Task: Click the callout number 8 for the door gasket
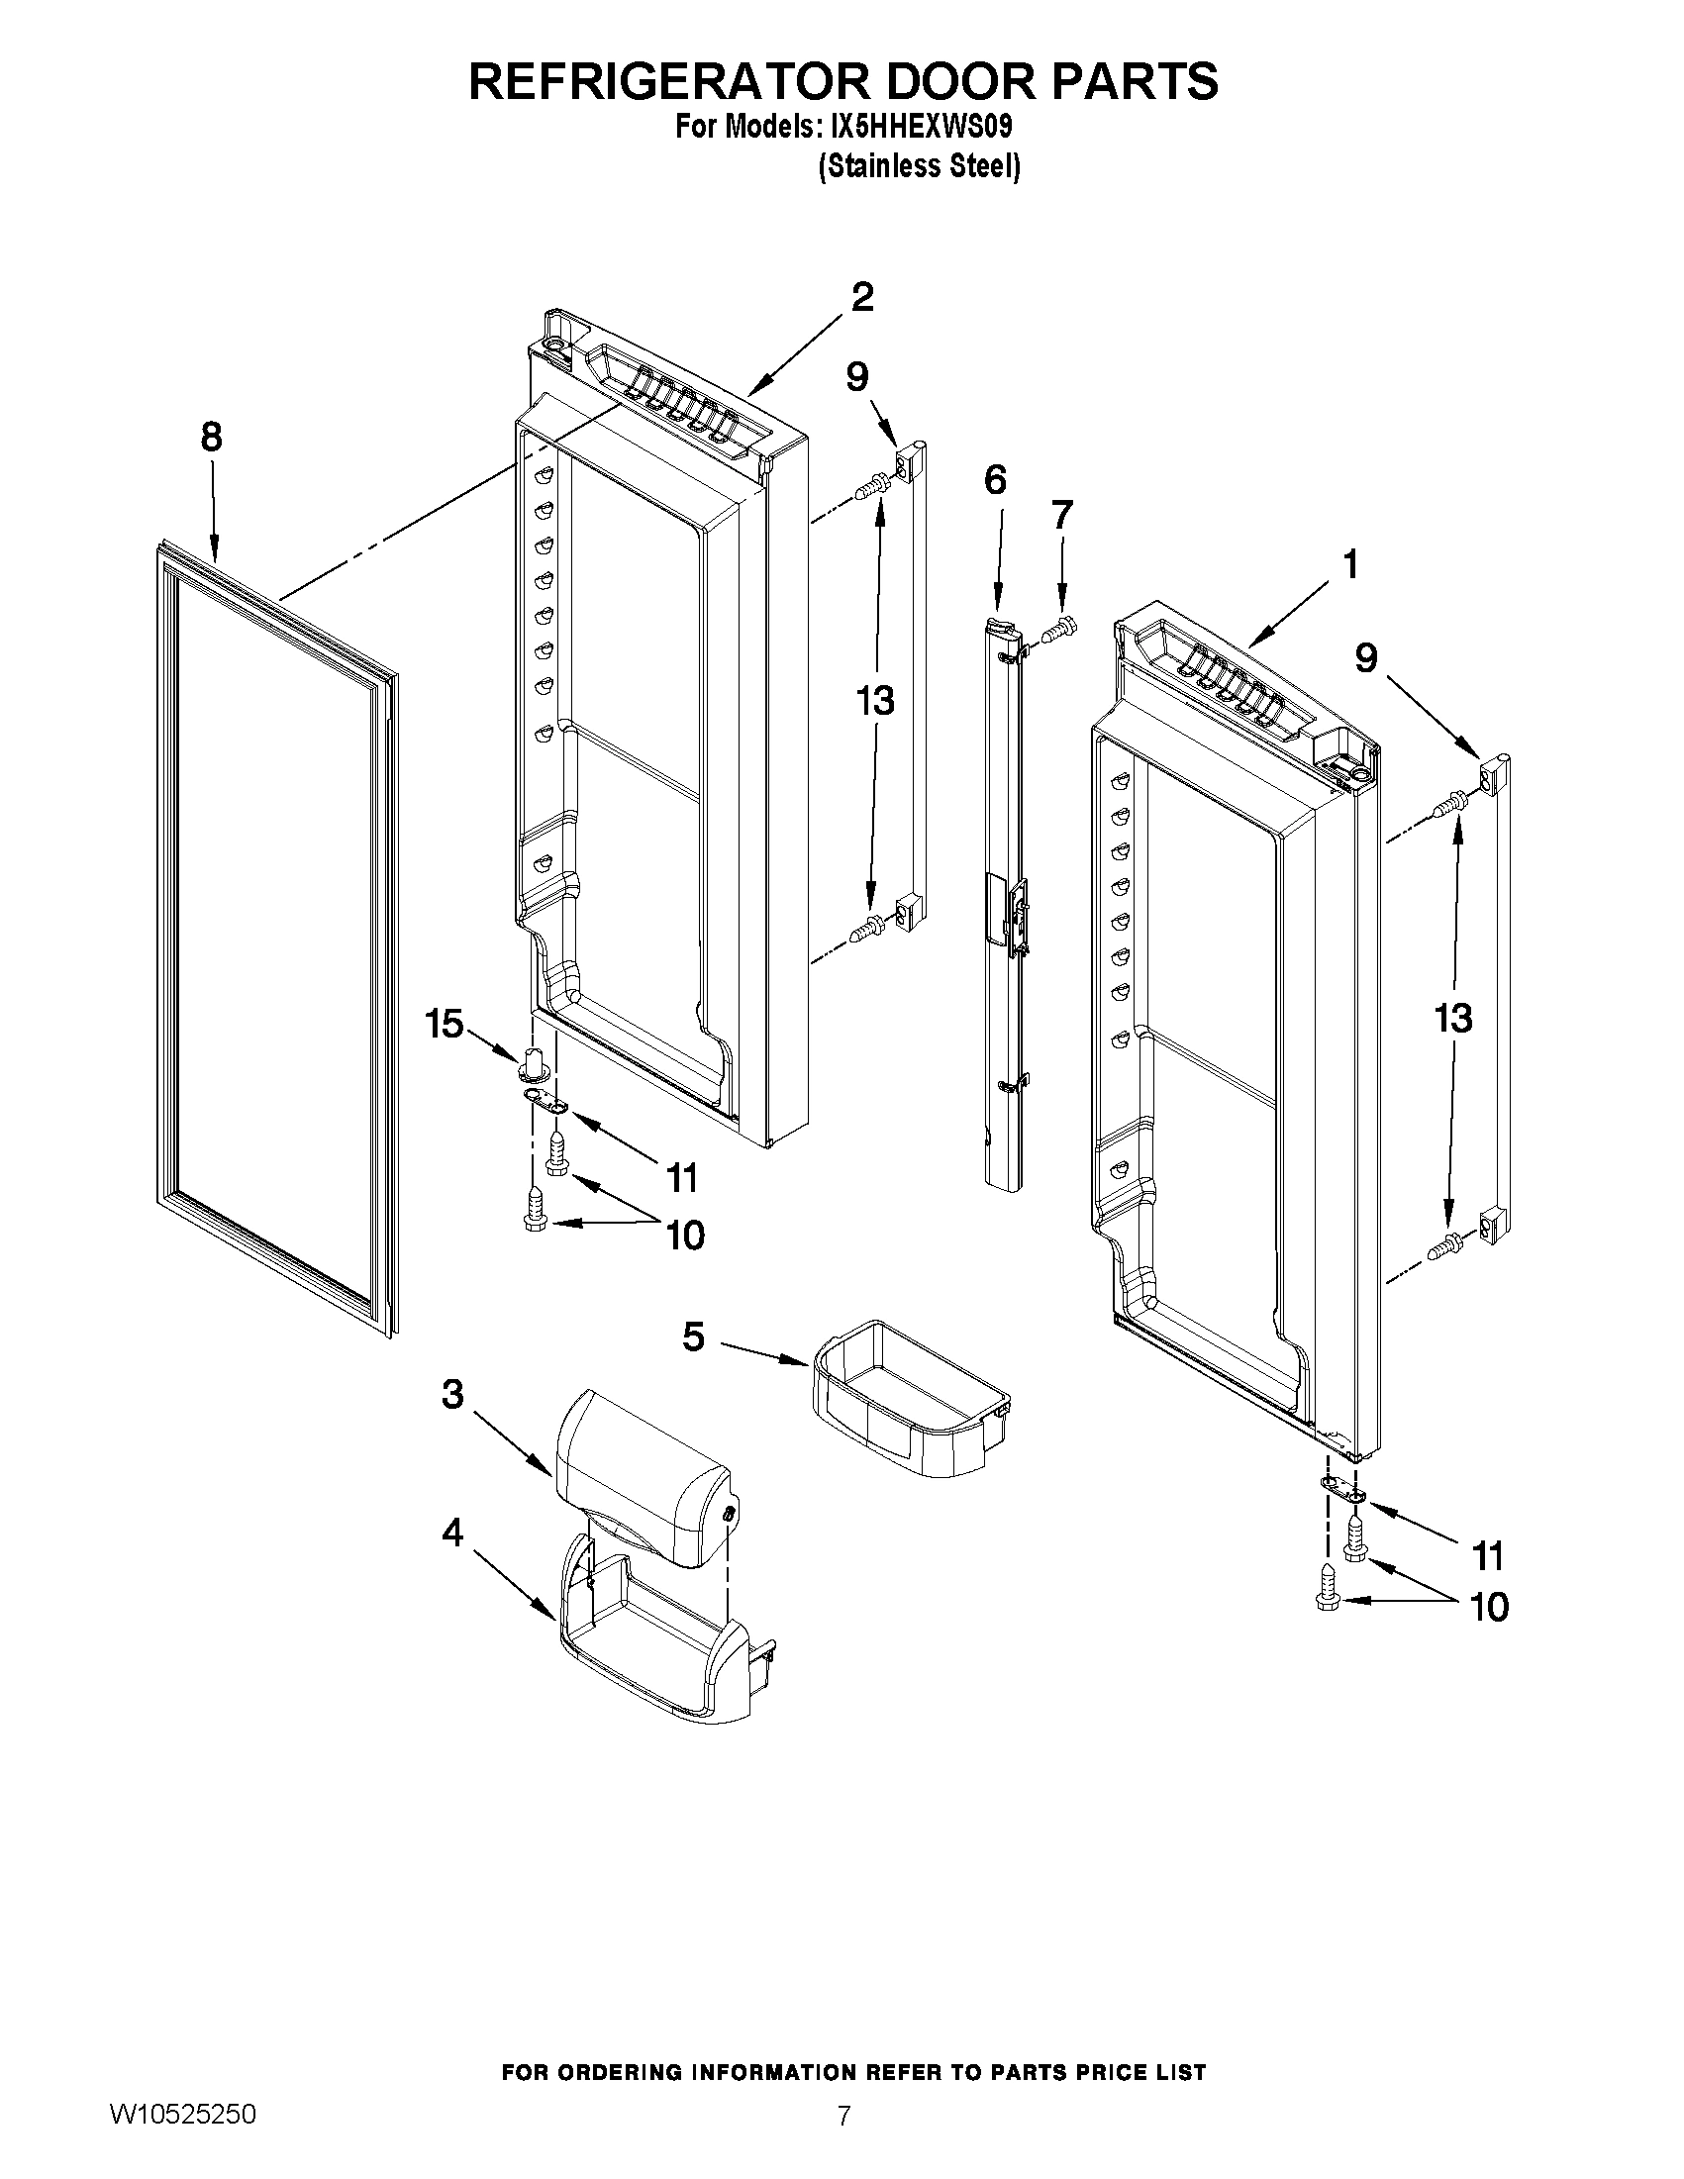(211, 438)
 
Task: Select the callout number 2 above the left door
(862, 296)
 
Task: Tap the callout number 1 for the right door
(1349, 565)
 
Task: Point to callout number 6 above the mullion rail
(995, 480)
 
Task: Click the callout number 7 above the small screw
(1061, 516)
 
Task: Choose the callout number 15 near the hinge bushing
(445, 1023)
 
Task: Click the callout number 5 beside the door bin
(693, 1336)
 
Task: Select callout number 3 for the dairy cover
(451, 1395)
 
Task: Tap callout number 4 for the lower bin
(451, 1533)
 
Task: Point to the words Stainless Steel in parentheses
(919, 166)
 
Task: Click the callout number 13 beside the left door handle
(875, 701)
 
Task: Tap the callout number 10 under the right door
(1489, 1608)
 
